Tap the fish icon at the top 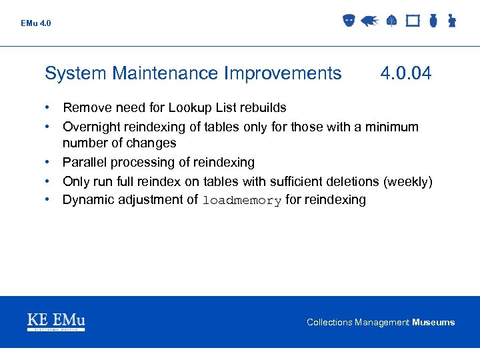click(x=370, y=21)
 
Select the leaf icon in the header click(x=391, y=21)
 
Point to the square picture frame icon click(x=413, y=21)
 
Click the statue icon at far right click(x=451, y=21)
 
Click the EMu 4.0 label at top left click(x=35, y=23)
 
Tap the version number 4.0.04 click(x=405, y=73)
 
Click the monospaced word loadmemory click(x=242, y=201)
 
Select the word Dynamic click(x=87, y=200)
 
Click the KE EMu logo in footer click(x=56, y=322)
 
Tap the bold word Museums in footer click(x=433, y=323)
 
